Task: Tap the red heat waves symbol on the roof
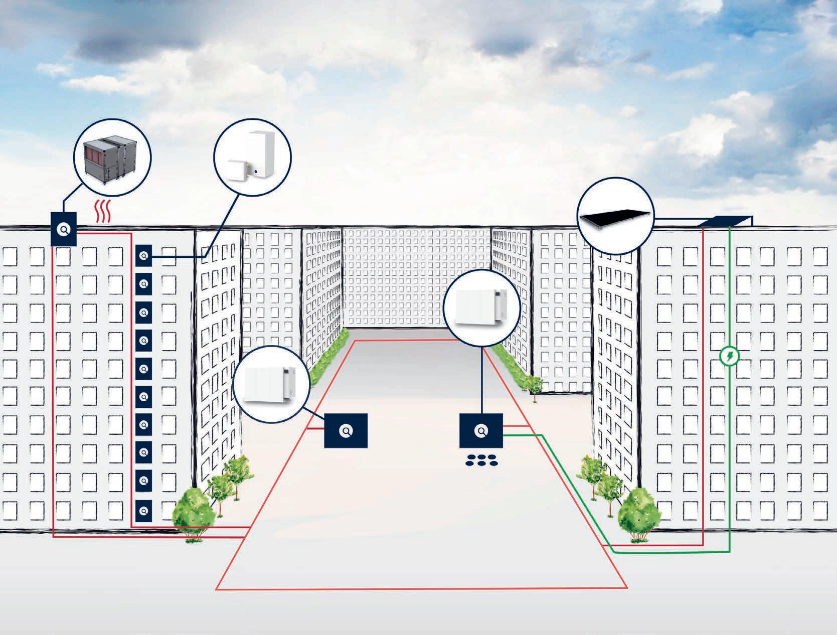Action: [x=103, y=214]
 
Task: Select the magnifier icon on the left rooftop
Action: [x=64, y=229]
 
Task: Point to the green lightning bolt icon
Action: [x=729, y=357]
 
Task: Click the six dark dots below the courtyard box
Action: [x=480, y=460]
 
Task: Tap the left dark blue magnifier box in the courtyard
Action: [x=346, y=430]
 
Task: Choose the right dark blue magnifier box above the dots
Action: [x=481, y=430]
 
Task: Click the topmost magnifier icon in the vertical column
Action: [x=144, y=256]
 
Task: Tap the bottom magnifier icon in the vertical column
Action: [x=144, y=511]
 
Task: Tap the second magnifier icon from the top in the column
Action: [x=144, y=284]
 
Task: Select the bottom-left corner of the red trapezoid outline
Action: [x=216, y=588]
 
